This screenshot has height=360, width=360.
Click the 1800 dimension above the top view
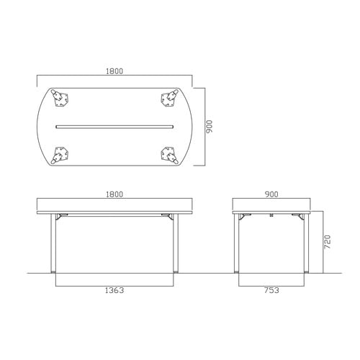click(114, 71)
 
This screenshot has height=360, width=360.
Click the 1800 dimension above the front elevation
click(114, 194)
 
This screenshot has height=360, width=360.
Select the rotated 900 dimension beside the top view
click(210, 127)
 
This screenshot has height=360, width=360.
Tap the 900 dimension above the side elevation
click(271, 194)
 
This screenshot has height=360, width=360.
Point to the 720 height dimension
click(328, 242)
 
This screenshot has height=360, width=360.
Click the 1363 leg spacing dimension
click(114, 290)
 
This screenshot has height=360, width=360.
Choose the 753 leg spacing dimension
click(271, 290)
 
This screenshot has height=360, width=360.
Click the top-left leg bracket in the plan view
click(60, 98)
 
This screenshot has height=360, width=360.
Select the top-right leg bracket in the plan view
click(169, 98)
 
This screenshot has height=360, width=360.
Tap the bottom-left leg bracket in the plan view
click(60, 156)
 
